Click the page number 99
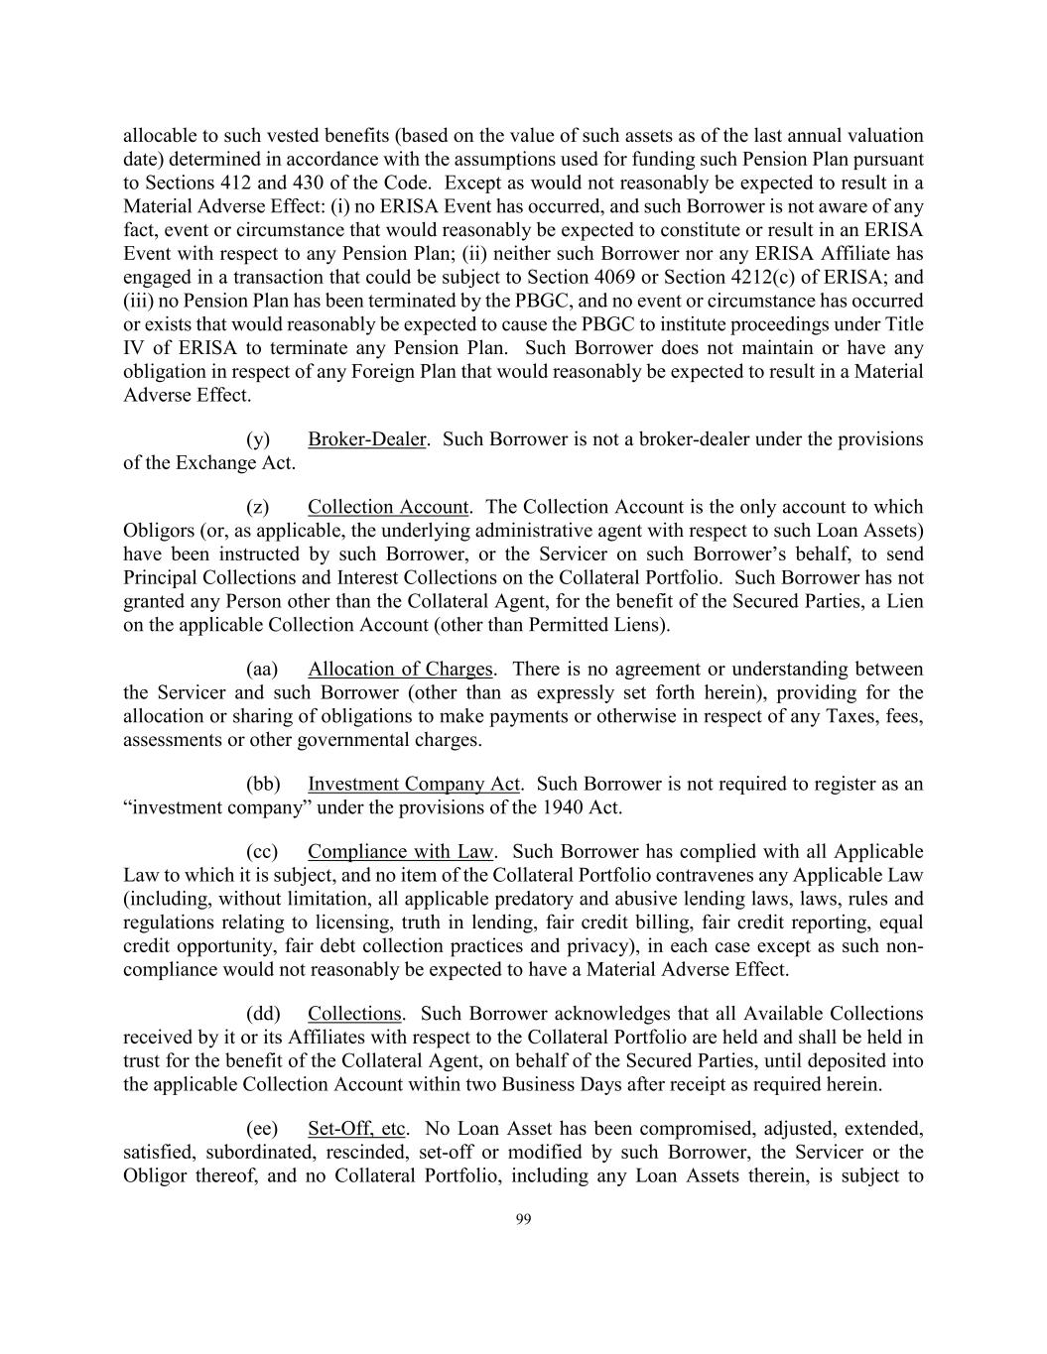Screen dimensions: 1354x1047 pyautogui.click(x=524, y=1220)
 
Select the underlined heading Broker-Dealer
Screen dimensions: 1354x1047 pyautogui.click(x=366, y=439)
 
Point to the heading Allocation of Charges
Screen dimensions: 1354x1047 pyautogui.click(x=400, y=670)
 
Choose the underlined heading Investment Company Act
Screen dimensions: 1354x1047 pyautogui.click(x=414, y=785)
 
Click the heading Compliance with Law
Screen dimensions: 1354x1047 pyautogui.click(x=401, y=852)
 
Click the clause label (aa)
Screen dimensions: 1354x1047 pyautogui.click(x=262, y=670)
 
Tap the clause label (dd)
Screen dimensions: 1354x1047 pyautogui.click(x=263, y=1014)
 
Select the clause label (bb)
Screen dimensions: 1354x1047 pyautogui.click(x=263, y=785)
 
